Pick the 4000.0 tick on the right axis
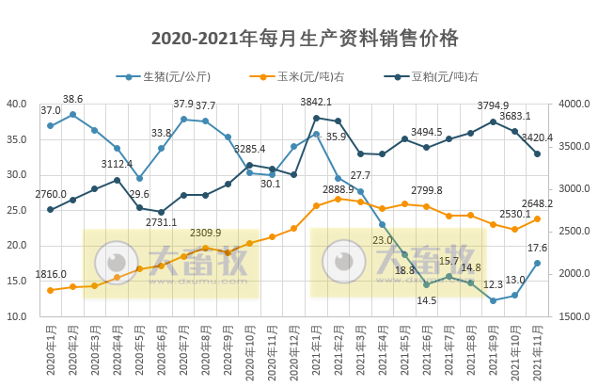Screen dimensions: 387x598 tap(574, 104)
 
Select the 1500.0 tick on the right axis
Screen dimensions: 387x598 tap(574, 316)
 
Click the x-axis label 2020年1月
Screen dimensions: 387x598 tap(51, 352)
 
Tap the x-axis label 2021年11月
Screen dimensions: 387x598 tap(538, 352)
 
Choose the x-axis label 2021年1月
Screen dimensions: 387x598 tap(316, 352)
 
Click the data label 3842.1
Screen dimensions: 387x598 tap(316, 102)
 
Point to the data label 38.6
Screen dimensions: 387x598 tap(72, 99)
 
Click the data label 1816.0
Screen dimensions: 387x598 tap(52, 274)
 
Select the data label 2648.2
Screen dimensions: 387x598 tap(537, 203)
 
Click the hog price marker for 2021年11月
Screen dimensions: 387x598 tap(537, 263)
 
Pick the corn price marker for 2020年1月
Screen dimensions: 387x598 tap(50, 290)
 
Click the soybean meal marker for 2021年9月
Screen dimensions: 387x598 tap(493, 121)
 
